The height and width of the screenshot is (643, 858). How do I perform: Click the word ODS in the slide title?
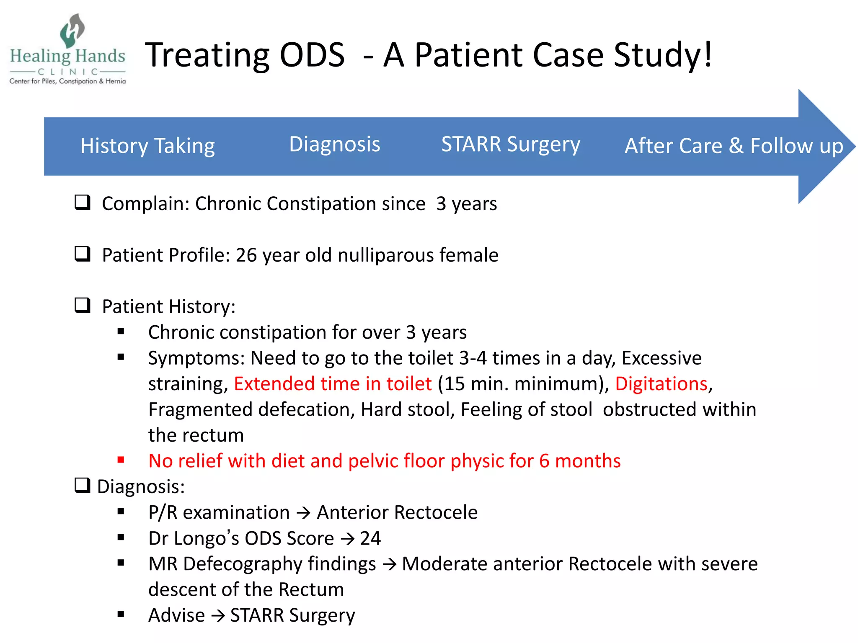(x=312, y=55)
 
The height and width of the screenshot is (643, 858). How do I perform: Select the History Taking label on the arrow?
(x=147, y=146)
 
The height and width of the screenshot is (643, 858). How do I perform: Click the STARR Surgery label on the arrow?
(x=510, y=144)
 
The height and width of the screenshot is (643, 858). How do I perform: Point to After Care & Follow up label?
(x=734, y=146)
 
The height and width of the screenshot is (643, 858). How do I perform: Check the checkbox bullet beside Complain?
(x=83, y=203)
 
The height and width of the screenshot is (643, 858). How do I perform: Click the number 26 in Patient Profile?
(x=246, y=255)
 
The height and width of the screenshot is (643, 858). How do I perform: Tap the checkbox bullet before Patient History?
(x=83, y=306)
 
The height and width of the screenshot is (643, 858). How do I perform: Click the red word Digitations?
(x=661, y=384)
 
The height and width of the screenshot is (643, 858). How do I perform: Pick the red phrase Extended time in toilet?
(x=333, y=384)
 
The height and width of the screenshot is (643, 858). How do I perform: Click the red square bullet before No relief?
(x=121, y=460)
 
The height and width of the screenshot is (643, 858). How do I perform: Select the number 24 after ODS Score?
(x=370, y=538)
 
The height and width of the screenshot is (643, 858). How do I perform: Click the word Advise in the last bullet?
(x=176, y=615)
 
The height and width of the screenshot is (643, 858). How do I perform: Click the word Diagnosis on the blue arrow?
(x=334, y=144)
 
